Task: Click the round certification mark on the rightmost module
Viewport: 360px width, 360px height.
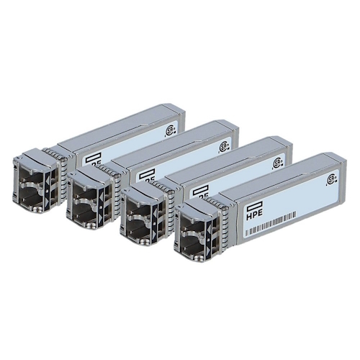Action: [332, 179]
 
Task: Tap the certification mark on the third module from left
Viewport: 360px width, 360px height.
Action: [277, 163]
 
